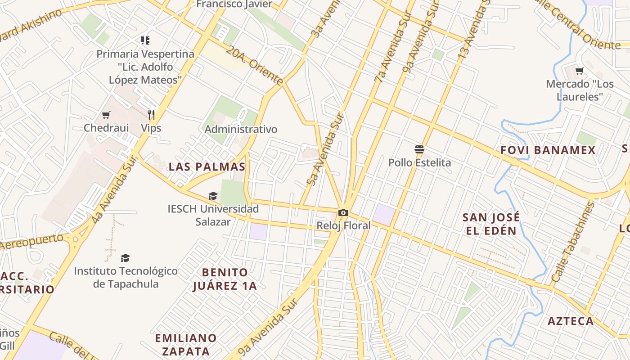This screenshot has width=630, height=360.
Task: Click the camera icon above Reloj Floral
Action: (343, 212)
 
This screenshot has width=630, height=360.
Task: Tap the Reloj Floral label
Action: (343, 225)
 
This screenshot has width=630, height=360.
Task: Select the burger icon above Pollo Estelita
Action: (419, 149)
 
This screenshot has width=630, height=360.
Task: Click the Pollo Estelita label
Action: (419, 162)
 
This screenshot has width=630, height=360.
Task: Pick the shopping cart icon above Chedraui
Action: (106, 115)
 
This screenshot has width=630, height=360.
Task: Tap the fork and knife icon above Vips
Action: (151, 115)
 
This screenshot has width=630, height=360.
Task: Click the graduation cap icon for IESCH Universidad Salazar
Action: (213, 196)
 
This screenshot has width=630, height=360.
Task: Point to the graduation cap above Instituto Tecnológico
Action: (126, 258)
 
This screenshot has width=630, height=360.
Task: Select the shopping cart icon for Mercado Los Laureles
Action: (580, 71)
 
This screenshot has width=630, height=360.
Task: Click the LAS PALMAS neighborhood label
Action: (207, 167)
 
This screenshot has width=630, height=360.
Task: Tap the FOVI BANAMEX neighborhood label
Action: (548, 150)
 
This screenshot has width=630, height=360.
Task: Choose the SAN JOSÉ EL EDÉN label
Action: (491, 224)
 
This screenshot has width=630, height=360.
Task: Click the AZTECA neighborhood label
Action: (571, 321)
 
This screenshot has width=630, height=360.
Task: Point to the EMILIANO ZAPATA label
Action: (186, 344)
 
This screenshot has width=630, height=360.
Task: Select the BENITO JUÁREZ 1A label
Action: (225, 279)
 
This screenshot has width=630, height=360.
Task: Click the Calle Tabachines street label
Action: (572, 243)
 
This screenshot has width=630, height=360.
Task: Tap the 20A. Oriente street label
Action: (254, 65)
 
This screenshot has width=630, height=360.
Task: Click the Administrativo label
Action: (241, 129)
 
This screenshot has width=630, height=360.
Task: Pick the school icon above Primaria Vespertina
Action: (145, 41)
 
